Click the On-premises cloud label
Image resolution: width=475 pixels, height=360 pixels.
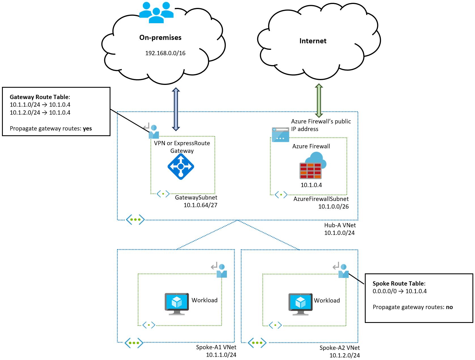160,38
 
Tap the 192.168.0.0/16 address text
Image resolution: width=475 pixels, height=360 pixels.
165,53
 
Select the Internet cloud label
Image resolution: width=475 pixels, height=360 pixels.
313,41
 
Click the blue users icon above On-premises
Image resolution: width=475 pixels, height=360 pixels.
156,13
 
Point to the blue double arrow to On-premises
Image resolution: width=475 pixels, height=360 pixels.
176,109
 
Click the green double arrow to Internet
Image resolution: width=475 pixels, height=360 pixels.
319,100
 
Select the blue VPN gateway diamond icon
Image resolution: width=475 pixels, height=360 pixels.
181,167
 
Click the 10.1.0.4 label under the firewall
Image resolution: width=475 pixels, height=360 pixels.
311,185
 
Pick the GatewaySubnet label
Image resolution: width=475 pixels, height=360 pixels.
196,198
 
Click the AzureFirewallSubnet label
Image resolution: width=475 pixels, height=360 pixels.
321,199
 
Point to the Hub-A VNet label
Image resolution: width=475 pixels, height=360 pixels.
340,225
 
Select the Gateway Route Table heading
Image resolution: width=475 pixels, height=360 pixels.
40,97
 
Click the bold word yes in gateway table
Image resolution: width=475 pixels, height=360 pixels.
87,128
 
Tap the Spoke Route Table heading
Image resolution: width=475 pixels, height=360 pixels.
399,284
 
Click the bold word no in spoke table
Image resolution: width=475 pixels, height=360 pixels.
449,307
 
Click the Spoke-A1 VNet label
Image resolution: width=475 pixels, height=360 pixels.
216,347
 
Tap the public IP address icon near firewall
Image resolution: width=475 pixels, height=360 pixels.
280,135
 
